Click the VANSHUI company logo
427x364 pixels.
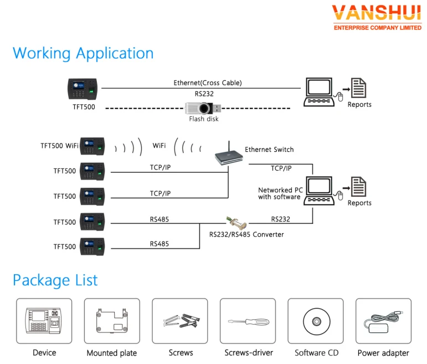(377, 17)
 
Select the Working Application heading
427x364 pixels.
(83, 53)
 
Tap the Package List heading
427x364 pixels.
(55, 280)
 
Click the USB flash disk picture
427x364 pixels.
(204, 107)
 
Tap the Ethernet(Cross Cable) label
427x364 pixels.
(208, 83)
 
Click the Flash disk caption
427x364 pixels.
(204, 119)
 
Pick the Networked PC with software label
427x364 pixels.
(279, 193)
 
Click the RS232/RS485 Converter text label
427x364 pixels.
(246, 234)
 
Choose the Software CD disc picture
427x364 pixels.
(316, 321)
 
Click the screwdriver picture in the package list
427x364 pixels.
(248, 321)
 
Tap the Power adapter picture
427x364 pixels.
(383, 321)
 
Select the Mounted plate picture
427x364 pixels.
(111, 321)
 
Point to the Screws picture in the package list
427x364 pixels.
(180, 321)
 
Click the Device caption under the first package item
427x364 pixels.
(44, 353)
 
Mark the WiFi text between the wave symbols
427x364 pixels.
(159, 146)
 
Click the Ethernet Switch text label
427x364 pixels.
(269, 150)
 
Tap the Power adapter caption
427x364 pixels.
(383, 353)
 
